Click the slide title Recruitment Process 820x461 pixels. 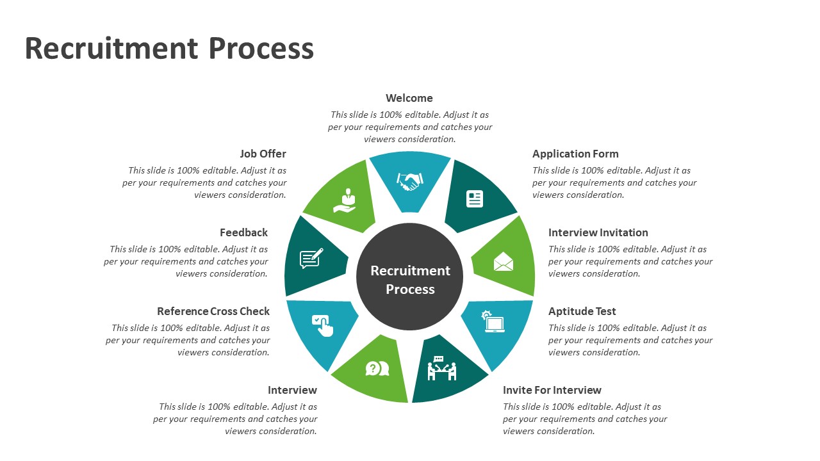(x=169, y=49)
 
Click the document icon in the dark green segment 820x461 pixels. (x=475, y=198)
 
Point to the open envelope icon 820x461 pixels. (x=504, y=262)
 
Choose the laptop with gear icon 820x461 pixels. (x=493, y=322)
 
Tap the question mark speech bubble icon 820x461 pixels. (x=377, y=369)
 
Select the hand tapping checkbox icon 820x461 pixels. (x=322, y=325)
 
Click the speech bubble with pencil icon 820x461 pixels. (x=312, y=258)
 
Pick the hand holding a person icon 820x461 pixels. (x=345, y=200)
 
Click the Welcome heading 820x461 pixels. (x=409, y=98)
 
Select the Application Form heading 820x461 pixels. (x=575, y=154)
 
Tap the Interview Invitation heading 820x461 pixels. (x=598, y=232)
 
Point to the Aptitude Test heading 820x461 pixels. (x=582, y=311)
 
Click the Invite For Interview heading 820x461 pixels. (x=552, y=390)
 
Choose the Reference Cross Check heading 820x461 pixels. (x=213, y=311)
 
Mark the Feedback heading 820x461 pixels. (x=243, y=232)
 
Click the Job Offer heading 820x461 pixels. (x=263, y=154)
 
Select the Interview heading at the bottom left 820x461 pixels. (x=292, y=390)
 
